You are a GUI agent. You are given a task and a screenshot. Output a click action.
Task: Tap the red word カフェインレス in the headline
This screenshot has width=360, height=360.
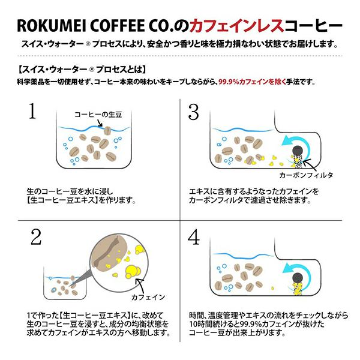point(237,25)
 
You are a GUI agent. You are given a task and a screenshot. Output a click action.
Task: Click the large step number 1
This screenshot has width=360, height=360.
point(32,111)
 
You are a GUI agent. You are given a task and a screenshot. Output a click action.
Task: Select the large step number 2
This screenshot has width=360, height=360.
point(36,237)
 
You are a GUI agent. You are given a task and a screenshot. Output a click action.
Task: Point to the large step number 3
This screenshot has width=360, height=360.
point(193,112)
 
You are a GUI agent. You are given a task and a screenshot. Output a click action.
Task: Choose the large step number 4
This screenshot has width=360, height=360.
point(194,237)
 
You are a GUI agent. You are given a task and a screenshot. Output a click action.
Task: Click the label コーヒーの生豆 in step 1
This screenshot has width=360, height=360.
point(98,115)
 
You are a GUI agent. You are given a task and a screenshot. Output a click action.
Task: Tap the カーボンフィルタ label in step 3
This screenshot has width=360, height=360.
point(306,175)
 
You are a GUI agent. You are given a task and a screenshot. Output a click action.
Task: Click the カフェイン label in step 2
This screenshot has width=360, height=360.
point(148,297)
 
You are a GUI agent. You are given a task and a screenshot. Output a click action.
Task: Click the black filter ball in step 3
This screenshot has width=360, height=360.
point(298,151)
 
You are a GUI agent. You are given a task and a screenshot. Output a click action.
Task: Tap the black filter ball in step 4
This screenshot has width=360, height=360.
point(298,278)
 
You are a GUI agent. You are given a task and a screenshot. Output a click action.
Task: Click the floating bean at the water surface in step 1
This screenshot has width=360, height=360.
point(107,131)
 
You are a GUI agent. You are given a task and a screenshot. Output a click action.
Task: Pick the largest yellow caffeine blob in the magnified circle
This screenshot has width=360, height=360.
point(133,272)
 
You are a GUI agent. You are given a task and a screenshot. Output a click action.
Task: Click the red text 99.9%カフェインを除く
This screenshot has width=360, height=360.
point(252,82)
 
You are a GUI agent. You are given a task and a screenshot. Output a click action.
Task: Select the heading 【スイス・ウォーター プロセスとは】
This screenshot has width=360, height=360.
point(82,70)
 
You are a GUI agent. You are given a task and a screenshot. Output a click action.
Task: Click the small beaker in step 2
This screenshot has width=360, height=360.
point(65,284)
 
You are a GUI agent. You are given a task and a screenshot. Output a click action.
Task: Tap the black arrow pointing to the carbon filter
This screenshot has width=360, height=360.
point(310,165)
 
